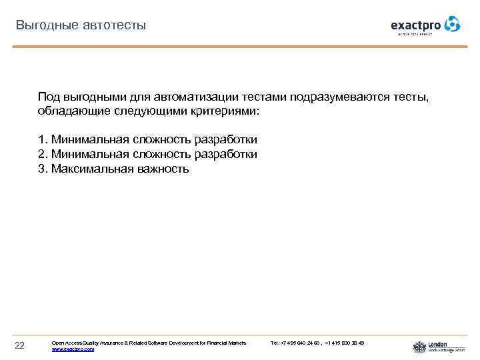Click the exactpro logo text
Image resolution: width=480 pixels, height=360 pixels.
point(416,25)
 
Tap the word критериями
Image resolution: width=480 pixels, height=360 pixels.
point(227,111)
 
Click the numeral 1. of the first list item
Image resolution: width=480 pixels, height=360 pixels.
point(43,139)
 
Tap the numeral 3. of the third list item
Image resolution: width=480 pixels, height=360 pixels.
point(43,169)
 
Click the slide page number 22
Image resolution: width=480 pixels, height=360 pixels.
point(19,345)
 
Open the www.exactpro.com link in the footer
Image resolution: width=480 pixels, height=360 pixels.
point(73,349)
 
